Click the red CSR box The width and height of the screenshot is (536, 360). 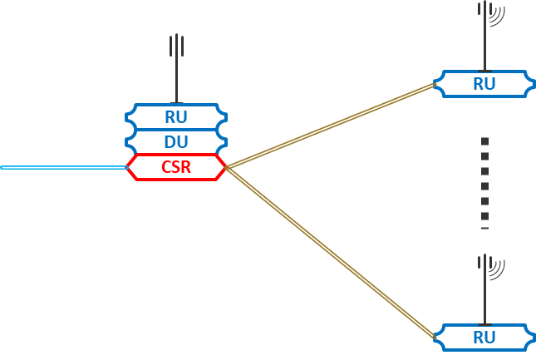[176, 167]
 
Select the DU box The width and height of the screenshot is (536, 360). [176, 141]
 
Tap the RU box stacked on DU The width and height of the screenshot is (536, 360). [176, 117]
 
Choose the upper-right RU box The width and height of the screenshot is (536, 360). [484, 84]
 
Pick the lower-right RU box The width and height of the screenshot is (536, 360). [484, 338]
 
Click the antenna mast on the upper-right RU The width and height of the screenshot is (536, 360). [484, 42]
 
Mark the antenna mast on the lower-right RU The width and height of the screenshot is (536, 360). [484, 295]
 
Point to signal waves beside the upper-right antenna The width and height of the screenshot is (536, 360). [496, 14]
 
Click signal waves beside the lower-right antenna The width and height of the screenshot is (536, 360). [496, 268]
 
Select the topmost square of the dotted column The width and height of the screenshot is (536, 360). [484, 142]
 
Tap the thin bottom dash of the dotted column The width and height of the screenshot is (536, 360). [484, 228]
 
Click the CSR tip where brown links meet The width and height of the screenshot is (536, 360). [225, 167]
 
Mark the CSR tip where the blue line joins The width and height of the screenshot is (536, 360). [127, 167]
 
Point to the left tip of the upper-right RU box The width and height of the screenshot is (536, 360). [434, 84]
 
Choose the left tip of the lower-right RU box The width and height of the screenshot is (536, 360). [434, 338]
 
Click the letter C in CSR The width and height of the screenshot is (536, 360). [165, 167]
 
